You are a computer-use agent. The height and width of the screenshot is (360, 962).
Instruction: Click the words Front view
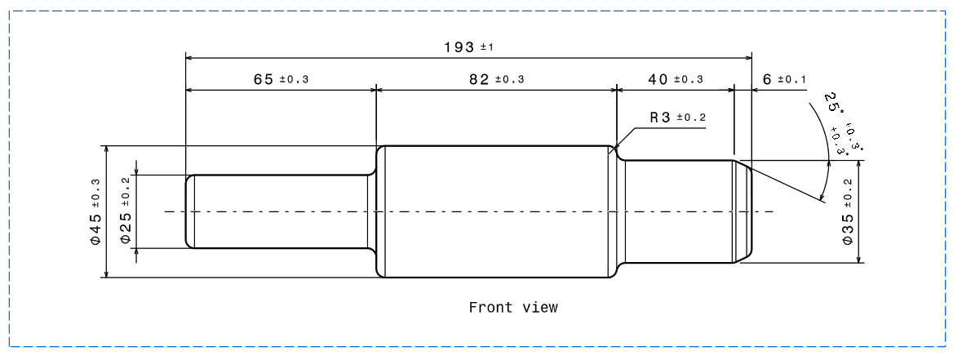pos(513,308)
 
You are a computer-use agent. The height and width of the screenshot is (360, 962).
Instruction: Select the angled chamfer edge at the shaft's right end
pos(743,166)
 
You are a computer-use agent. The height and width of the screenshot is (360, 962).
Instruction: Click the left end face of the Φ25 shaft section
pos(187,211)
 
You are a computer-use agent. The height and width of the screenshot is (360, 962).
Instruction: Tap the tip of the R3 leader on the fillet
pos(617,152)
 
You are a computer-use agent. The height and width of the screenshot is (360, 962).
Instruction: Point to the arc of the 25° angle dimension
pos(824,151)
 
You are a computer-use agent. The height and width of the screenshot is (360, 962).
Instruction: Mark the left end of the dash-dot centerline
pos(166,211)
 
